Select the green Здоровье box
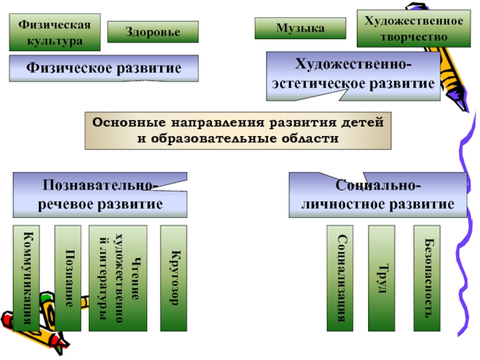[152, 32]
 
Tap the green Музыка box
[300, 28]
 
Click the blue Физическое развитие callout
[103, 68]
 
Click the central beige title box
[238, 130]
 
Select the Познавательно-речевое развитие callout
[100, 194]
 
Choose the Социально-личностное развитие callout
[377, 194]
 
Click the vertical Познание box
[67, 278]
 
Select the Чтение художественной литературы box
[118, 278]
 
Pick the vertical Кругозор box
[175, 278]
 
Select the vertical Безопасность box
[427, 278]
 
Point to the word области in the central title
[309, 138]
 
